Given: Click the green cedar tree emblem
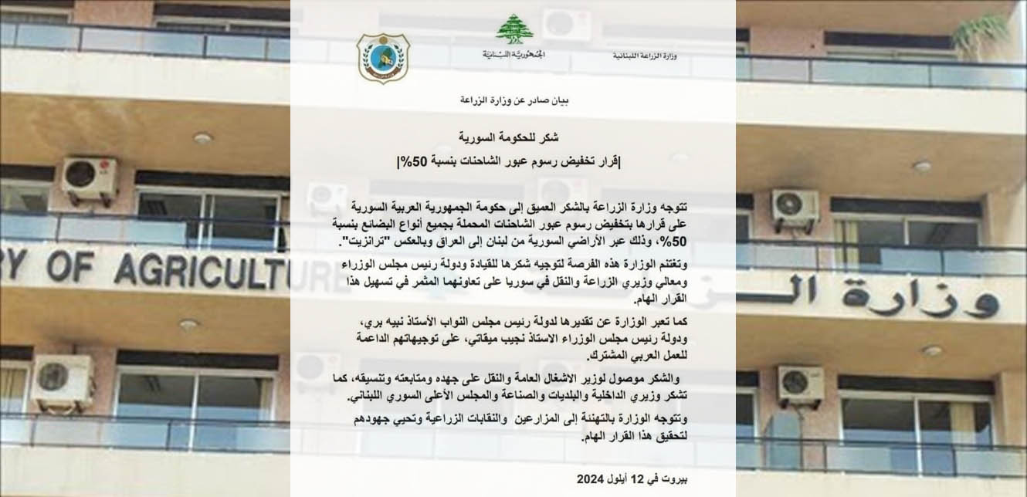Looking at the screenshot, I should click(508, 29).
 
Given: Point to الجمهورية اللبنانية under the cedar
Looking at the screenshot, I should click(508, 54).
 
